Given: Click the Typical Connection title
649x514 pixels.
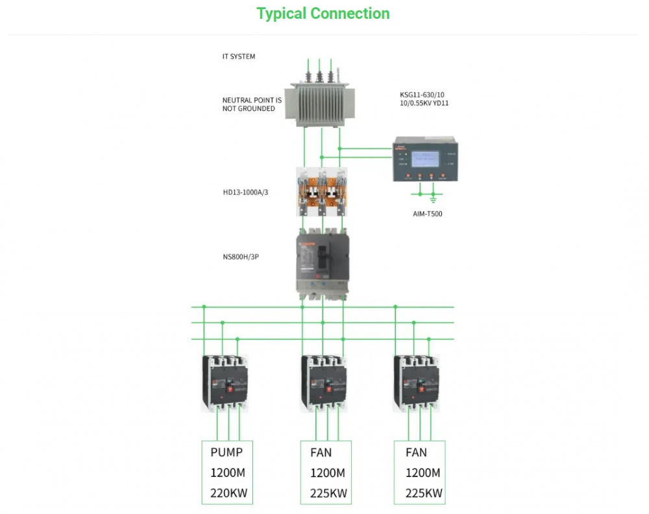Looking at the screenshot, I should [323, 14].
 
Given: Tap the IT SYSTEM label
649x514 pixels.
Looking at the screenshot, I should [239, 56].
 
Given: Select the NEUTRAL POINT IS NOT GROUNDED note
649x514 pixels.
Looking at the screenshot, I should [252, 104].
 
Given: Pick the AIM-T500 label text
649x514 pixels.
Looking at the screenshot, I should [427, 214].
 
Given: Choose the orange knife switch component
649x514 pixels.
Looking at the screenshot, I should [322, 191].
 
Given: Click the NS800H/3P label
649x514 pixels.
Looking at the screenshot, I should [241, 256].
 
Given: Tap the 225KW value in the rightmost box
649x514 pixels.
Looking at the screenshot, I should [424, 493].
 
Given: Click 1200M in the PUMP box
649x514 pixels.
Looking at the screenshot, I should [227, 472].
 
